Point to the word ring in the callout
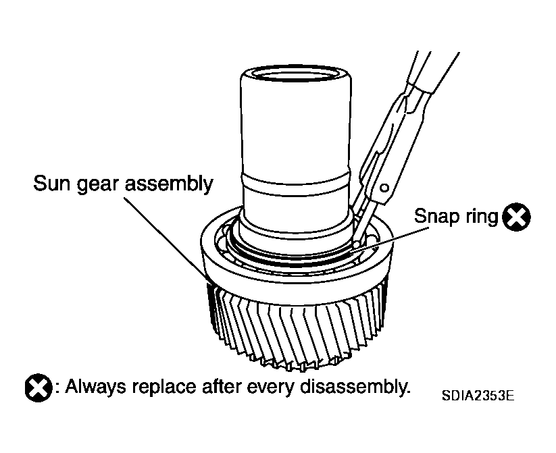pos(477,217)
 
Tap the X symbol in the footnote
pos(39,388)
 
